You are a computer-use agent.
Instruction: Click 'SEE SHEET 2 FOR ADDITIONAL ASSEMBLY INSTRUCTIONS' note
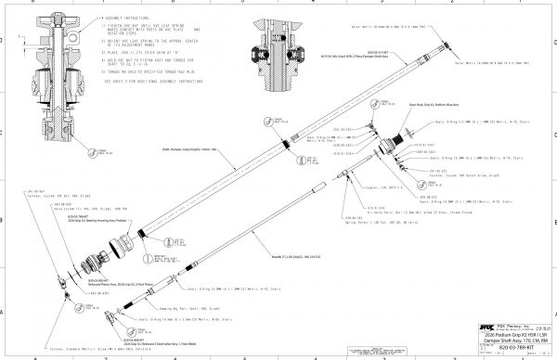(x=149, y=81)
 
